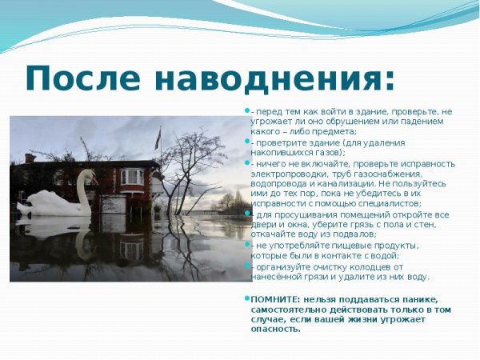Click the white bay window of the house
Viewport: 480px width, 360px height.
coord(131,177)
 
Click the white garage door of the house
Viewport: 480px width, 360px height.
coord(114,204)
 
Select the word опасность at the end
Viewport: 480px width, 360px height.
coord(275,329)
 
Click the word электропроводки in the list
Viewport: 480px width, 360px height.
coord(286,174)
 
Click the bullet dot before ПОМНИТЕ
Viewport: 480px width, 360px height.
coord(246,298)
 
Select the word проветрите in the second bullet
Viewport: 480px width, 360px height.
coord(280,142)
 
